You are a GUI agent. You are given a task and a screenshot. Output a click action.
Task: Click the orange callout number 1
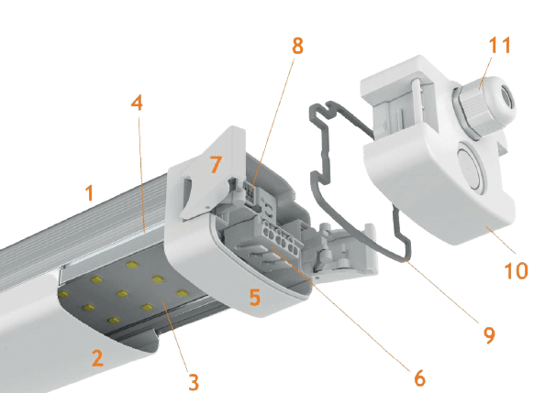tap(89, 192)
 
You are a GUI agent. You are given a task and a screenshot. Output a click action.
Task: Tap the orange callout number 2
tap(97, 358)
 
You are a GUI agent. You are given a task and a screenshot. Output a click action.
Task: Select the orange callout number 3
tap(194, 382)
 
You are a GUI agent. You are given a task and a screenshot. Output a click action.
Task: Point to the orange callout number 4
tap(137, 103)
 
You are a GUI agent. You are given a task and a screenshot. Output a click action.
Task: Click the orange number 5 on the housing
tap(255, 297)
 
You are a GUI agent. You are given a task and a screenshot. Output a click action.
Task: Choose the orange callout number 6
tap(420, 377)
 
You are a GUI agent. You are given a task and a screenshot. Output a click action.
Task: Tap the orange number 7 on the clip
tap(217, 164)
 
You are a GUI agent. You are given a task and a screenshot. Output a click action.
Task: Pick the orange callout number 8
tap(297, 46)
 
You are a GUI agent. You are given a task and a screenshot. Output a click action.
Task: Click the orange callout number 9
tap(489, 335)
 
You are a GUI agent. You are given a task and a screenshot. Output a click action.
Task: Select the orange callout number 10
tap(516, 270)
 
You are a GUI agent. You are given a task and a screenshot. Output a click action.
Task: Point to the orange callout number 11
tap(500, 45)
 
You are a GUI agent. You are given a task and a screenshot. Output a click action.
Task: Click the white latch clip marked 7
tap(212, 172)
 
